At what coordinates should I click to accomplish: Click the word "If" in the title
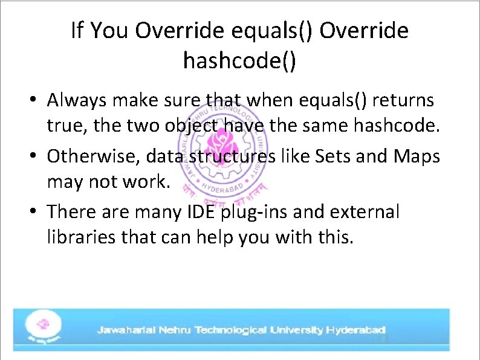point(77,30)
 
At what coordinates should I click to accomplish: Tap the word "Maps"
point(417,156)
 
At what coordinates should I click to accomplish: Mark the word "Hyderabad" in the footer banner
point(356,330)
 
